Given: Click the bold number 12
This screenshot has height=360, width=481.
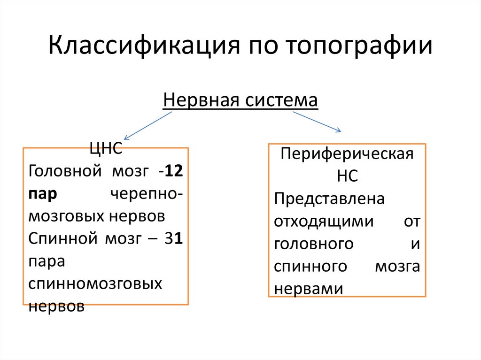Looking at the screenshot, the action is coord(174,171).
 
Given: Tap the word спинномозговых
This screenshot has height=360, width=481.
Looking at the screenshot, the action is coord(95,284).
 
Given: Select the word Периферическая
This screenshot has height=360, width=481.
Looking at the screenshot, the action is coord(347,154).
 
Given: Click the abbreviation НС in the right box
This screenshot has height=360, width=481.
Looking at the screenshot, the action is coord(347,176).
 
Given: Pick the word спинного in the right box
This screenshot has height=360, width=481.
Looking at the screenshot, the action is coord(310,266).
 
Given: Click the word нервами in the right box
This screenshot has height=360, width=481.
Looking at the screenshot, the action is coord(308,288).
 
